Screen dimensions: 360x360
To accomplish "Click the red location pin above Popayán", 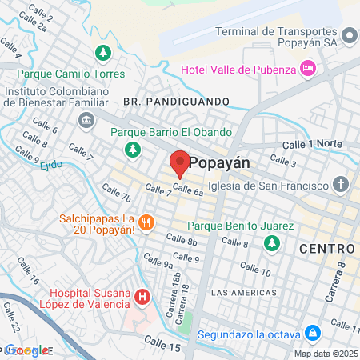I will [179, 163].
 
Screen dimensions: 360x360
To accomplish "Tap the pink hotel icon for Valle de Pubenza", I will [308, 70].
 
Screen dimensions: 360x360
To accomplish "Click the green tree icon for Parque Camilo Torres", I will [102, 54].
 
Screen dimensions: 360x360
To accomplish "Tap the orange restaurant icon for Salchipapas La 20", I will [146, 222].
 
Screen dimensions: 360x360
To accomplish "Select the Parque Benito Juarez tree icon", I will [273, 242].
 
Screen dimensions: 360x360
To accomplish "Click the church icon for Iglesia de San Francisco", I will [342, 186].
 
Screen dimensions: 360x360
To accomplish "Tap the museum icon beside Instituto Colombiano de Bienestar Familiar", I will [86, 120].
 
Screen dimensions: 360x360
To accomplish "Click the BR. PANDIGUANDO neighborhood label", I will [176, 102].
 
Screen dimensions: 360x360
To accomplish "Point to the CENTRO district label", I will [326, 250].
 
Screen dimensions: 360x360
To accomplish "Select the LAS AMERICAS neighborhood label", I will [244, 293].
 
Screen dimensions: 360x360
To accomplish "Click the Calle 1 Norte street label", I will [313, 144].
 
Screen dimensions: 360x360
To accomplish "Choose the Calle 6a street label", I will [187, 190].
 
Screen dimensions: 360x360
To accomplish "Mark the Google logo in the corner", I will [27, 350].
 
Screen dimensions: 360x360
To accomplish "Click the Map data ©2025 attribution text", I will [325, 354].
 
